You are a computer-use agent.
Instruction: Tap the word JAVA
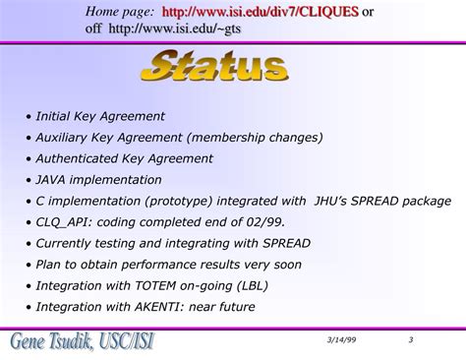pos(51,180)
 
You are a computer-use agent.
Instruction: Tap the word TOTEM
pos(161,285)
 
